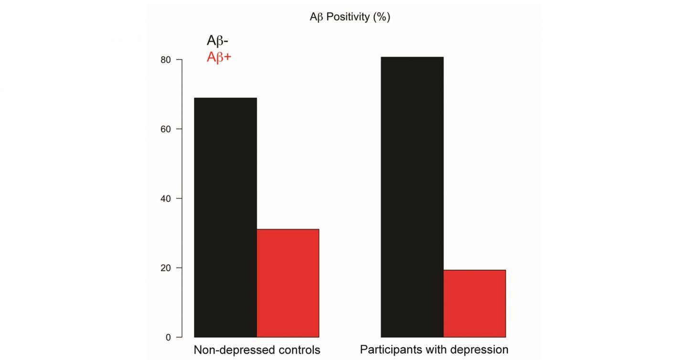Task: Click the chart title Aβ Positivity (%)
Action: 350,17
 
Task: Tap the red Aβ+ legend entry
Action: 219,58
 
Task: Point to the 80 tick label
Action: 166,60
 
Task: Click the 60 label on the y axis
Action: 166,129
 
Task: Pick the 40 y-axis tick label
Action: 166,198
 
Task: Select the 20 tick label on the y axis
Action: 166,268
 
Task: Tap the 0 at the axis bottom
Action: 168,337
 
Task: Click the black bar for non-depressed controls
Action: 225,218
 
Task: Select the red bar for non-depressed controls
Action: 288,283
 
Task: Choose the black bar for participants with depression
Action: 412,197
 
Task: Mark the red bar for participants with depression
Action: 474,304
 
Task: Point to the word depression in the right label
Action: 478,350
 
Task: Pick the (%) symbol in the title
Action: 382,17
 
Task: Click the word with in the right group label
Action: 432,350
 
